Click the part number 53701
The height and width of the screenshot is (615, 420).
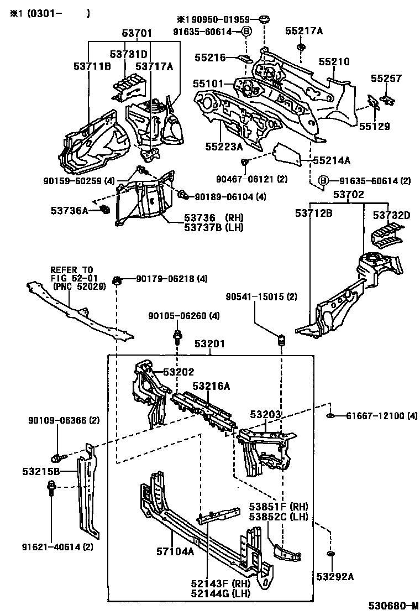pyautogui.click(x=137, y=34)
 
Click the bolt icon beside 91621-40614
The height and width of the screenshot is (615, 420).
pyautogui.click(x=51, y=488)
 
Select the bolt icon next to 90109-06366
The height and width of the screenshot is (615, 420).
pyautogui.click(x=57, y=458)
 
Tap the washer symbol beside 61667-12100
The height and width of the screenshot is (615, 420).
pyautogui.click(x=329, y=415)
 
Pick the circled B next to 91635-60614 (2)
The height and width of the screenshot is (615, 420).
pyautogui.click(x=324, y=180)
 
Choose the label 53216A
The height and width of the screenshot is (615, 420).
pyautogui.click(x=211, y=386)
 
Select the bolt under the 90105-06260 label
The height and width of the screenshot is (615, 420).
pyautogui.click(x=178, y=335)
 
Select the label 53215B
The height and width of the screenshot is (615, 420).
pyautogui.click(x=41, y=472)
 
